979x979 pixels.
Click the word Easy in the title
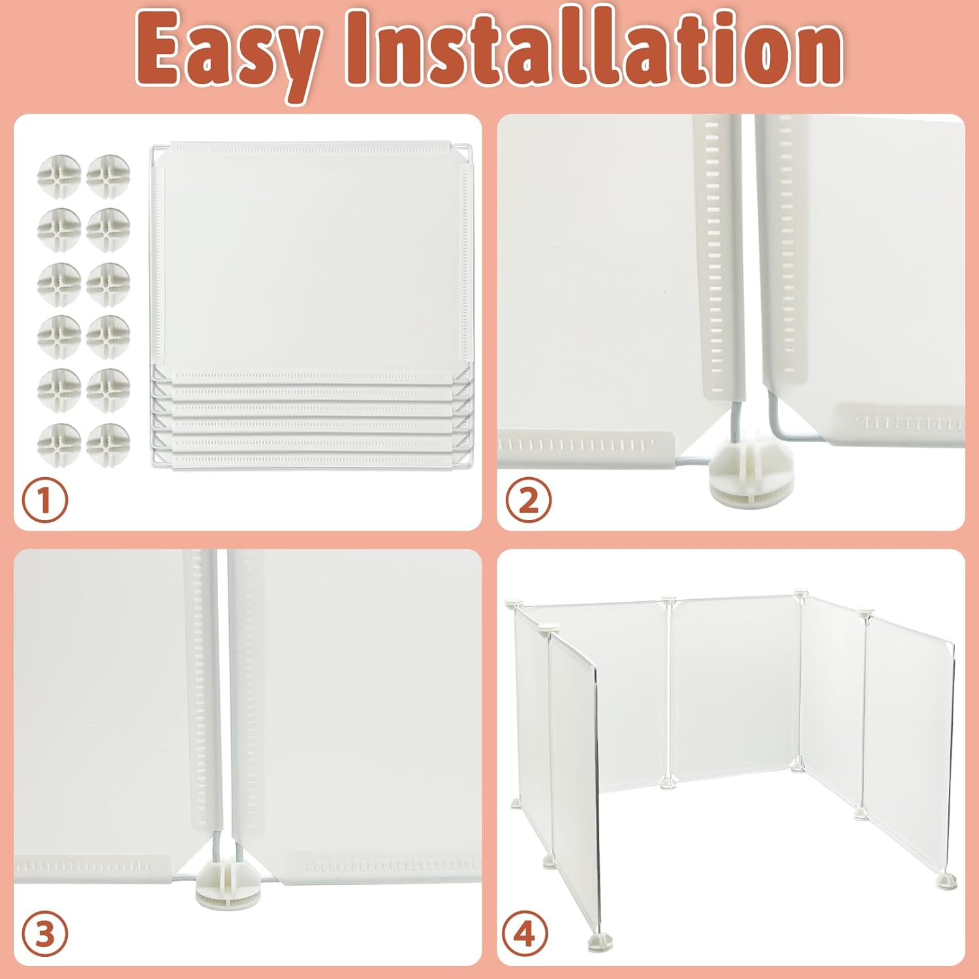tap(225, 51)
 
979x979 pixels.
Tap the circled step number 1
tap(45, 501)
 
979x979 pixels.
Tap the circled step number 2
tap(528, 501)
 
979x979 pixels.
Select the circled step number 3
tap(45, 935)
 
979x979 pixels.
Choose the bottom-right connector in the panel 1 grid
tap(108, 444)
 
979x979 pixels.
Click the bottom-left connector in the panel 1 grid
tap(59, 444)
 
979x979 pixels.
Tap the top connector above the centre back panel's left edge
tap(668, 599)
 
